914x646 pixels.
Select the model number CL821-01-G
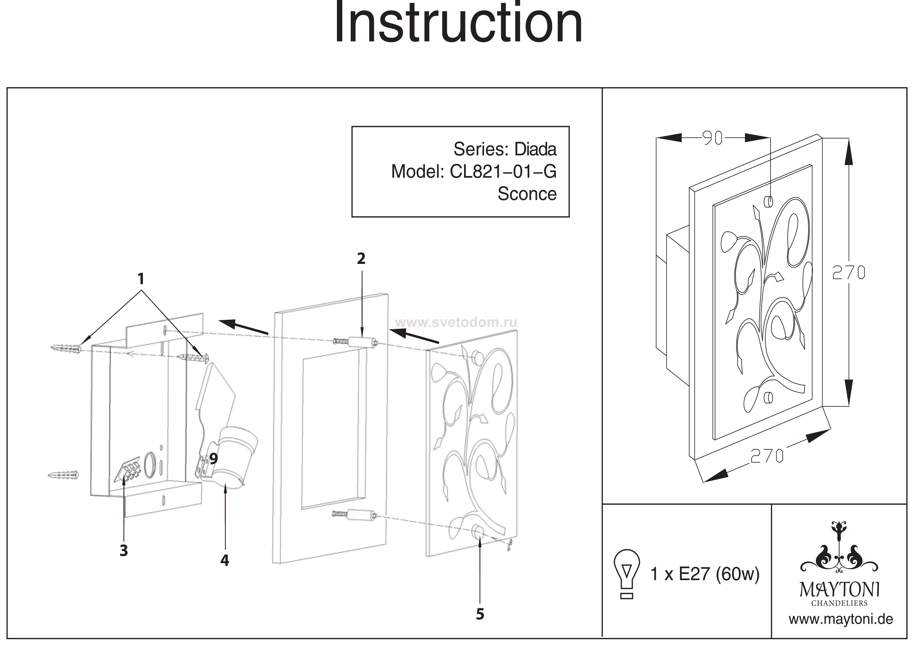tap(503, 172)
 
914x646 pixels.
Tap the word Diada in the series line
tap(535, 149)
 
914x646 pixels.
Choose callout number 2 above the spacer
tap(361, 259)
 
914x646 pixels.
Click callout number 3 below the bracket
tap(124, 550)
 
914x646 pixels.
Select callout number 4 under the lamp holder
tap(225, 560)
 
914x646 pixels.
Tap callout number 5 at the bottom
tap(480, 614)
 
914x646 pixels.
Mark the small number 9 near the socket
tap(214, 459)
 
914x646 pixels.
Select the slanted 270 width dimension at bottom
tap(767, 456)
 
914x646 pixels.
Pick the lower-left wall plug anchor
tap(63, 475)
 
